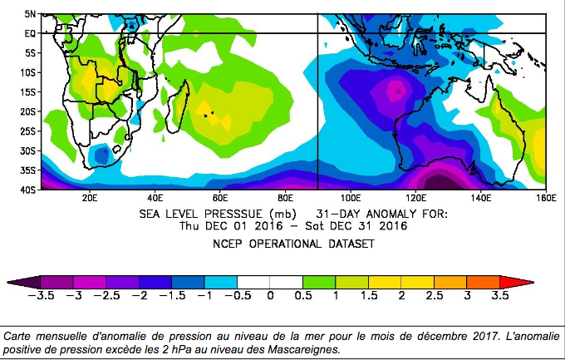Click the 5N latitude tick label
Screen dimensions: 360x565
click(x=28, y=14)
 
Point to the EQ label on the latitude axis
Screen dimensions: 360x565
click(x=28, y=33)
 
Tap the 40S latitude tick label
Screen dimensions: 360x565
click(x=27, y=190)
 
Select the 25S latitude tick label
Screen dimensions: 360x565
click(x=27, y=131)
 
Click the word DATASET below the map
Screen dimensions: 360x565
click(x=351, y=244)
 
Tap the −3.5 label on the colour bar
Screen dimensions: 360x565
click(x=41, y=295)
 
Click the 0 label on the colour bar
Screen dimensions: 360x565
click(x=270, y=295)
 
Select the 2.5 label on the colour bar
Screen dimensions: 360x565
click(x=435, y=295)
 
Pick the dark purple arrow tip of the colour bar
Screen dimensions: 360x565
click(x=26, y=282)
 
